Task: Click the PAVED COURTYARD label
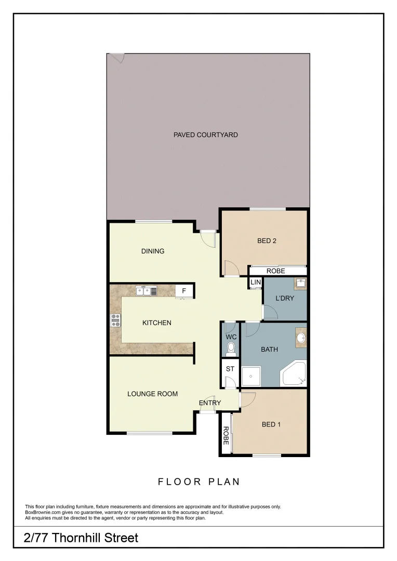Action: point(205,135)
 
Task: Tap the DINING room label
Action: point(153,251)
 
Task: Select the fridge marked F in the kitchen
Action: point(184,291)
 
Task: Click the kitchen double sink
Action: point(146,291)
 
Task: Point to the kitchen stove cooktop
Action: point(115,320)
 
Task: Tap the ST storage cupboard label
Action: point(230,369)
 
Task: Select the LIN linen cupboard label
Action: point(255,283)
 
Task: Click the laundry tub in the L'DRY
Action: point(301,284)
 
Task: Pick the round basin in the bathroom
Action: point(301,339)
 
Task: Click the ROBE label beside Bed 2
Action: point(275,271)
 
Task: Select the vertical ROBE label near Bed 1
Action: point(226,435)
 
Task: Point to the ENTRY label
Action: point(210,403)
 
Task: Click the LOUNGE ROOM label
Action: point(152,394)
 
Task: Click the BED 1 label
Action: point(271,424)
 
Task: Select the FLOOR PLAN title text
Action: point(199,482)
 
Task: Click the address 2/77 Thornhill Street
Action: point(82,538)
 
